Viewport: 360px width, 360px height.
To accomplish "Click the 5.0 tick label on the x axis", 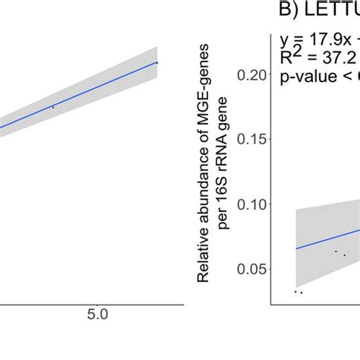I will click(x=97, y=314).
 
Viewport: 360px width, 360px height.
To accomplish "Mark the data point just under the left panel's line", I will click(x=52, y=108).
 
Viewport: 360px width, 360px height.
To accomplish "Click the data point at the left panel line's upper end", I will click(x=156, y=62).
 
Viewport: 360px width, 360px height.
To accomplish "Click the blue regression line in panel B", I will click(x=319, y=238).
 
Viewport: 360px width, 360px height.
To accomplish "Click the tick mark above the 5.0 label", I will click(x=97, y=302).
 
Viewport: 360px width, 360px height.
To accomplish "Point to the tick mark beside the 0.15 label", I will click(x=269, y=139).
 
